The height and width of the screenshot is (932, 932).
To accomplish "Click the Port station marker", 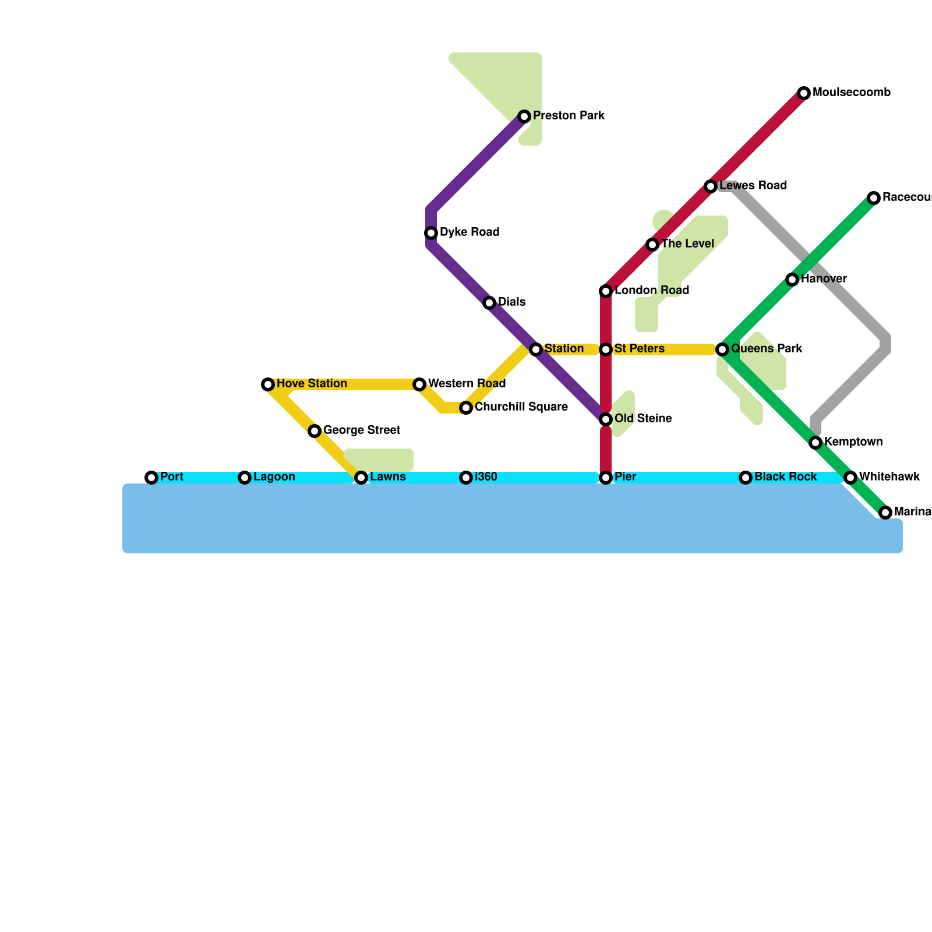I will [151, 478].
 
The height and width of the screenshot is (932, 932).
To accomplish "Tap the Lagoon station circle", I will [245, 478].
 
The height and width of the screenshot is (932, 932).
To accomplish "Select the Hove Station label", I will [312, 384].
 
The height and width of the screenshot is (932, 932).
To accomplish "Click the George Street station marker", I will [315, 431].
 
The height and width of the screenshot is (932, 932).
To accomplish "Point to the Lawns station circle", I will [361, 478].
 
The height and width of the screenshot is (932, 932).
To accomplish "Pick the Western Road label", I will [467, 384].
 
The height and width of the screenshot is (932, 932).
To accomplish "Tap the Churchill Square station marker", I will [466, 408].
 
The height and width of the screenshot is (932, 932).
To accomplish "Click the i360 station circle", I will [466, 478].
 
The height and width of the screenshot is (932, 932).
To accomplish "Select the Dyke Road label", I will [469, 232].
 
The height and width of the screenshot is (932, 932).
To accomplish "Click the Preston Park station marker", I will [524, 116].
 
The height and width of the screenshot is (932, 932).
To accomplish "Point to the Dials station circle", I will [489, 303].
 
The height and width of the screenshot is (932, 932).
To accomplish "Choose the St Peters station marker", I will [606, 349].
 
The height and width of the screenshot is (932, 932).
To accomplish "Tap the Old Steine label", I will [643, 419].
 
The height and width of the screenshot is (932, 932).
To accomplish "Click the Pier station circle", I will [606, 478].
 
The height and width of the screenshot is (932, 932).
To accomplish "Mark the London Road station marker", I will [606, 291].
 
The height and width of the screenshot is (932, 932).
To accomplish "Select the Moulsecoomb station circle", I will [804, 93].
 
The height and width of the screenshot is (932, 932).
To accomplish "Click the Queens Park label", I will [767, 349].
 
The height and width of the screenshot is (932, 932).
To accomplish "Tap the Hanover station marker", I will [792, 280].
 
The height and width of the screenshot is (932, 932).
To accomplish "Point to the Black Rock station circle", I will [746, 478].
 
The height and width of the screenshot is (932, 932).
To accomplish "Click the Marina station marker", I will [885, 513].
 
